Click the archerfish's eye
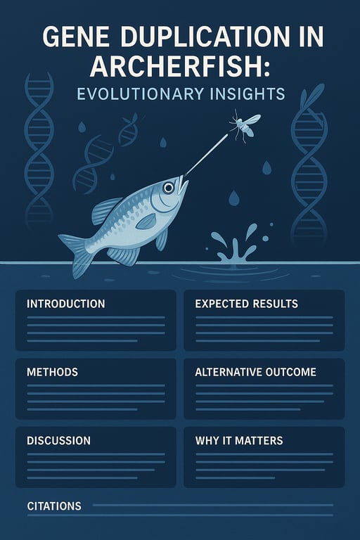[x=169, y=188]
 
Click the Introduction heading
[x=65, y=304]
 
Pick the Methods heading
[x=52, y=371]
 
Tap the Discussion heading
[x=58, y=440]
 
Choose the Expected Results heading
[x=246, y=304]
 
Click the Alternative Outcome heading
[x=256, y=371]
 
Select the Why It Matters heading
[x=239, y=440]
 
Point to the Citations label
[x=53, y=506]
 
